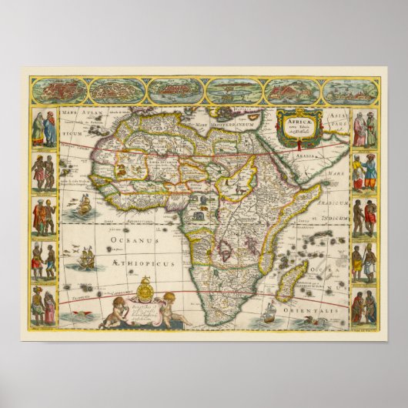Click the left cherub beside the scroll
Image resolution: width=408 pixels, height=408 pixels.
point(125,311)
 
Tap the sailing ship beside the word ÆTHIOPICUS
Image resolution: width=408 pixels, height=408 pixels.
point(87,259)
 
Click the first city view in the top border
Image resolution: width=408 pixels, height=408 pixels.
point(64,91)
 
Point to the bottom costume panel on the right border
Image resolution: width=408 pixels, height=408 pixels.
point(364,306)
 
